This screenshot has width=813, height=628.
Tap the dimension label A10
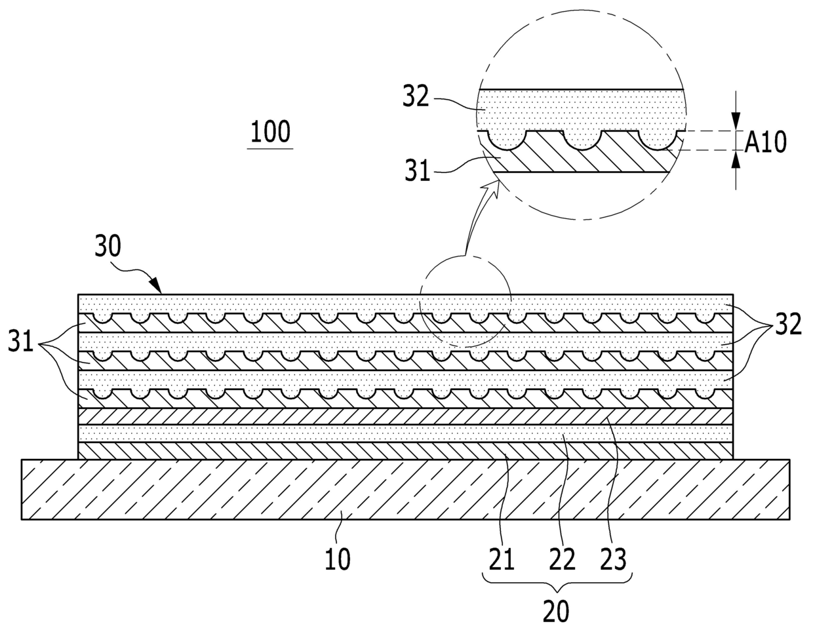click(764, 141)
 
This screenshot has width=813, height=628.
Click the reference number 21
click(501, 559)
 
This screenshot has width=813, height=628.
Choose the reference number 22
click(562, 559)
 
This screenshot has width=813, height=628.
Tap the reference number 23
click(614, 559)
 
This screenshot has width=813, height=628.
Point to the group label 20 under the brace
click(555, 611)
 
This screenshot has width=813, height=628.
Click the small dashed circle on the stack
click(465, 300)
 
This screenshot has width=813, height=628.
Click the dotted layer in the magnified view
click(577, 108)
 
